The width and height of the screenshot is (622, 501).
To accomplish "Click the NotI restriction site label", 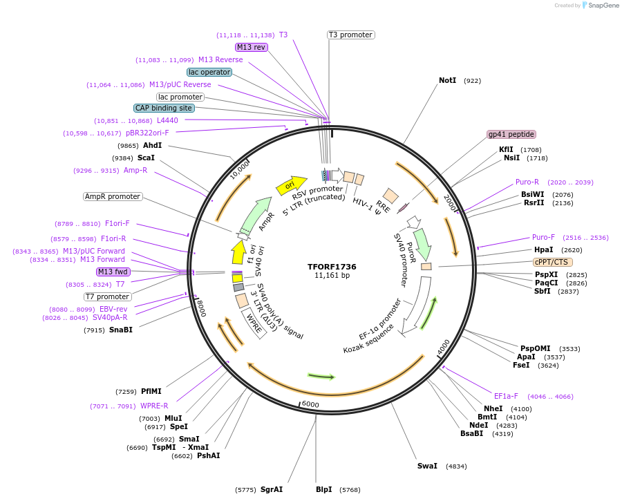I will [x=448, y=81].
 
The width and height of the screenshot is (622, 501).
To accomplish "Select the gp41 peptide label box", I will [x=511, y=134].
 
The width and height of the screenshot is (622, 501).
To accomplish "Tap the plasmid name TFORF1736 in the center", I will [x=332, y=266].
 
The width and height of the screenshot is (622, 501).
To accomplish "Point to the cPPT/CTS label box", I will [x=552, y=262].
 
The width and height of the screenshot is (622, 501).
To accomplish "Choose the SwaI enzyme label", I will [x=427, y=466].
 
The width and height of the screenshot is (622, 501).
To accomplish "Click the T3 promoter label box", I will [x=350, y=35].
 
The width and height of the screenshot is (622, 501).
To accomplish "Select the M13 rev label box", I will [x=251, y=47].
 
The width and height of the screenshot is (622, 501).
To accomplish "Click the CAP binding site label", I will [x=164, y=108].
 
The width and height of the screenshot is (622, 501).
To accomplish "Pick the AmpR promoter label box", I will [x=113, y=196].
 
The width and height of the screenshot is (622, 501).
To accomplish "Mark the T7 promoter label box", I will [x=108, y=296].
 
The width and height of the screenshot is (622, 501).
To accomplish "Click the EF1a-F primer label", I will [x=506, y=396].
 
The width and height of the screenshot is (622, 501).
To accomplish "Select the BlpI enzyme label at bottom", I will [x=323, y=489].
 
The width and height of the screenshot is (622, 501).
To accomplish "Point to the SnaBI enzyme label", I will [x=120, y=330].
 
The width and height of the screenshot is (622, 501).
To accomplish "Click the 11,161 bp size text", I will [x=332, y=275].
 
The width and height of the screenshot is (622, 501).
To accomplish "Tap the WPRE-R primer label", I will [x=154, y=406].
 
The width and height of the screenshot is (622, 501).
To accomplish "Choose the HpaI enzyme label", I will [x=543, y=249].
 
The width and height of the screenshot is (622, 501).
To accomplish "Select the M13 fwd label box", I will [x=113, y=272].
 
